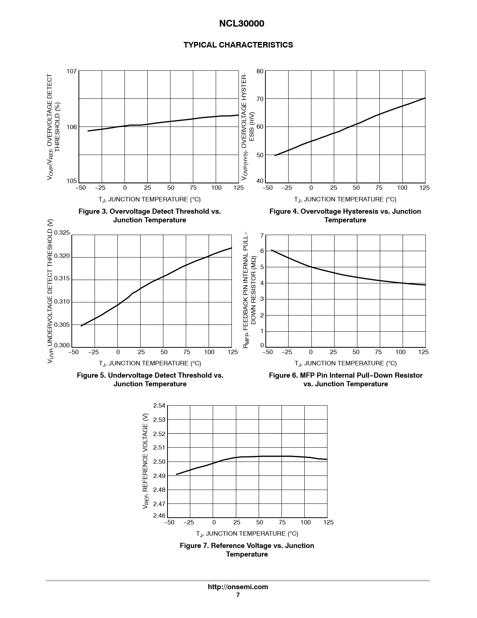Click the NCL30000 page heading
[241, 24]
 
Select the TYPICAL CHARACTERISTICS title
[238, 45]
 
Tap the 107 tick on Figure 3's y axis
[72, 71]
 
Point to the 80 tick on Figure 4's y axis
[260, 71]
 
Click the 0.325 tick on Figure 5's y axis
[62, 233]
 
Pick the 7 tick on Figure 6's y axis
[262, 235]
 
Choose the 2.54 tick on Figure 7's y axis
[159, 406]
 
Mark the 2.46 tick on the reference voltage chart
[159, 515]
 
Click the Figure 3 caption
[150, 216]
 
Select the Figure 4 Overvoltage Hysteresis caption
[345, 216]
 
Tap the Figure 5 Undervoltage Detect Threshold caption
[150, 380]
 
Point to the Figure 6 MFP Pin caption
[345, 380]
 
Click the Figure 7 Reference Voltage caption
[247, 550]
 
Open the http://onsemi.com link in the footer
[238, 587]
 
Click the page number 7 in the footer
[238, 595]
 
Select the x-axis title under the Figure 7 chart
[247, 533]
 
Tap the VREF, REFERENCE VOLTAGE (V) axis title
[146, 461]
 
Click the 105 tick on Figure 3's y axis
[72, 181]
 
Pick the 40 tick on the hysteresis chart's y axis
[260, 181]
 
